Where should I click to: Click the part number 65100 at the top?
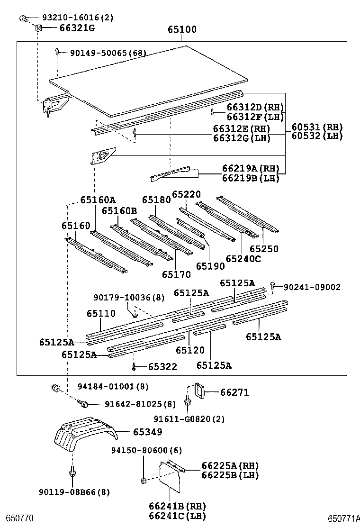tap(181, 29)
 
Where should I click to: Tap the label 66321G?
tap(77, 28)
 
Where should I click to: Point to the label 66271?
tap(234, 392)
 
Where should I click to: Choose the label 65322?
tap(162, 366)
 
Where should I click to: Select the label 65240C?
tap(243, 258)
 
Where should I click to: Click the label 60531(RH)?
tap(316, 127)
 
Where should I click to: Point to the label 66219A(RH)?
tap(250, 169)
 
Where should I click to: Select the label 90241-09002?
tap(312, 287)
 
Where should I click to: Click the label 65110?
tap(100, 313)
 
